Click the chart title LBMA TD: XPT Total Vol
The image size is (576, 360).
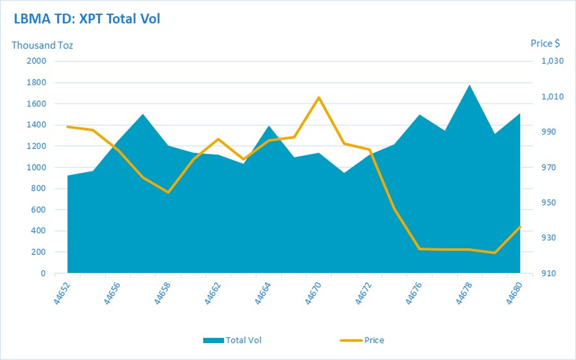(87, 19)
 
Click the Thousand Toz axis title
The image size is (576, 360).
(42, 45)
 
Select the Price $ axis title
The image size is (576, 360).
(545, 43)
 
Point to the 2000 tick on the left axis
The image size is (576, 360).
(36, 61)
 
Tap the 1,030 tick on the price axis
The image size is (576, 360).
(553, 61)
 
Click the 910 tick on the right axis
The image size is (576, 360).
(549, 273)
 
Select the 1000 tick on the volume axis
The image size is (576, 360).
(36, 167)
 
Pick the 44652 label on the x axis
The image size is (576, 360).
(62, 293)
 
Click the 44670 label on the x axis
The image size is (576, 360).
(313, 293)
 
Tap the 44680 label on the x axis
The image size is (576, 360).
(514, 293)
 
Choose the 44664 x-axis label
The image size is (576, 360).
(263, 293)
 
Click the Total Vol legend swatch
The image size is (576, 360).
(213, 341)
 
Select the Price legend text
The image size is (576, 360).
(374, 340)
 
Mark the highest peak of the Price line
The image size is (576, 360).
(319, 97)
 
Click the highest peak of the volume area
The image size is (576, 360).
(470, 85)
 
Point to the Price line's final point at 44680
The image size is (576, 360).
(520, 226)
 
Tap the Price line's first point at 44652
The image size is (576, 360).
(68, 127)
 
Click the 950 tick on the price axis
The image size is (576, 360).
(549, 203)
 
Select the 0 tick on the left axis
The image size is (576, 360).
(43, 273)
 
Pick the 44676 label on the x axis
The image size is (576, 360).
(413, 293)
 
